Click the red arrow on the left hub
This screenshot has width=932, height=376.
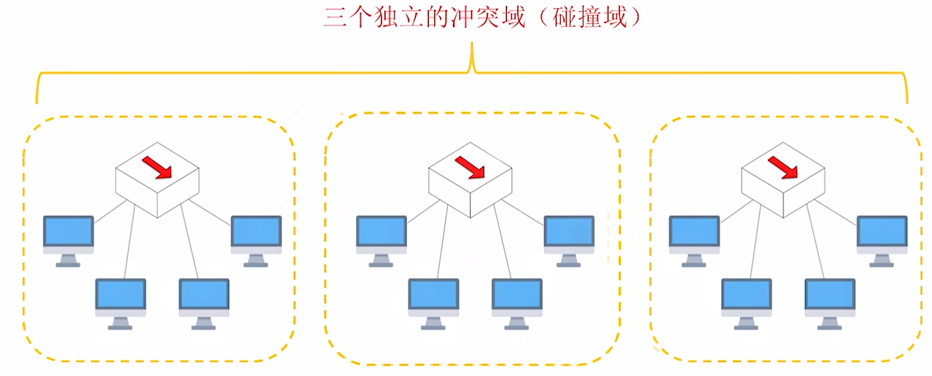point(157,167)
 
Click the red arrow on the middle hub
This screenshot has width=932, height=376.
point(470,167)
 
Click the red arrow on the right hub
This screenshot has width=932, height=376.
point(783,167)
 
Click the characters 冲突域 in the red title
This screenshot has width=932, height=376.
point(488,17)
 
